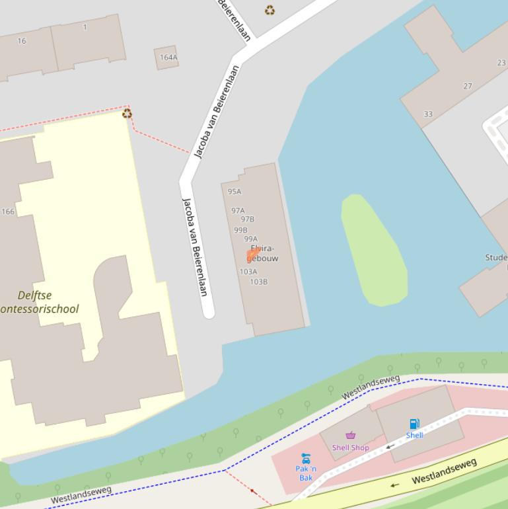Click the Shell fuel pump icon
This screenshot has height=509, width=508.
point(414,424)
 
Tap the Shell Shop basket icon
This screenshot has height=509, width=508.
point(351,435)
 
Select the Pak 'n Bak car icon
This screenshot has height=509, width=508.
point(305,457)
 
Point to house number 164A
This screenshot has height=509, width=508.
point(168,58)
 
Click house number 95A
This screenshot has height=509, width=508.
point(235,192)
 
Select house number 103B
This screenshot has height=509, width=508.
point(258,282)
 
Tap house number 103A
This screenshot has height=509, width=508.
point(248,272)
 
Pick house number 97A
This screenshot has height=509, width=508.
point(238,211)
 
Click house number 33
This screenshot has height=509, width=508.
point(428,114)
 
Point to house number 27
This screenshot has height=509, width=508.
point(468,86)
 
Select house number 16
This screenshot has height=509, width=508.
point(22,41)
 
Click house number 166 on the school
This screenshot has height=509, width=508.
point(8,212)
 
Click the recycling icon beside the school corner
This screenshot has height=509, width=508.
point(127,114)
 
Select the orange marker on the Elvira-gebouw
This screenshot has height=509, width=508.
point(252,255)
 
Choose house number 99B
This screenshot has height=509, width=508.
point(240,230)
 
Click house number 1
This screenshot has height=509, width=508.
point(85,27)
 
